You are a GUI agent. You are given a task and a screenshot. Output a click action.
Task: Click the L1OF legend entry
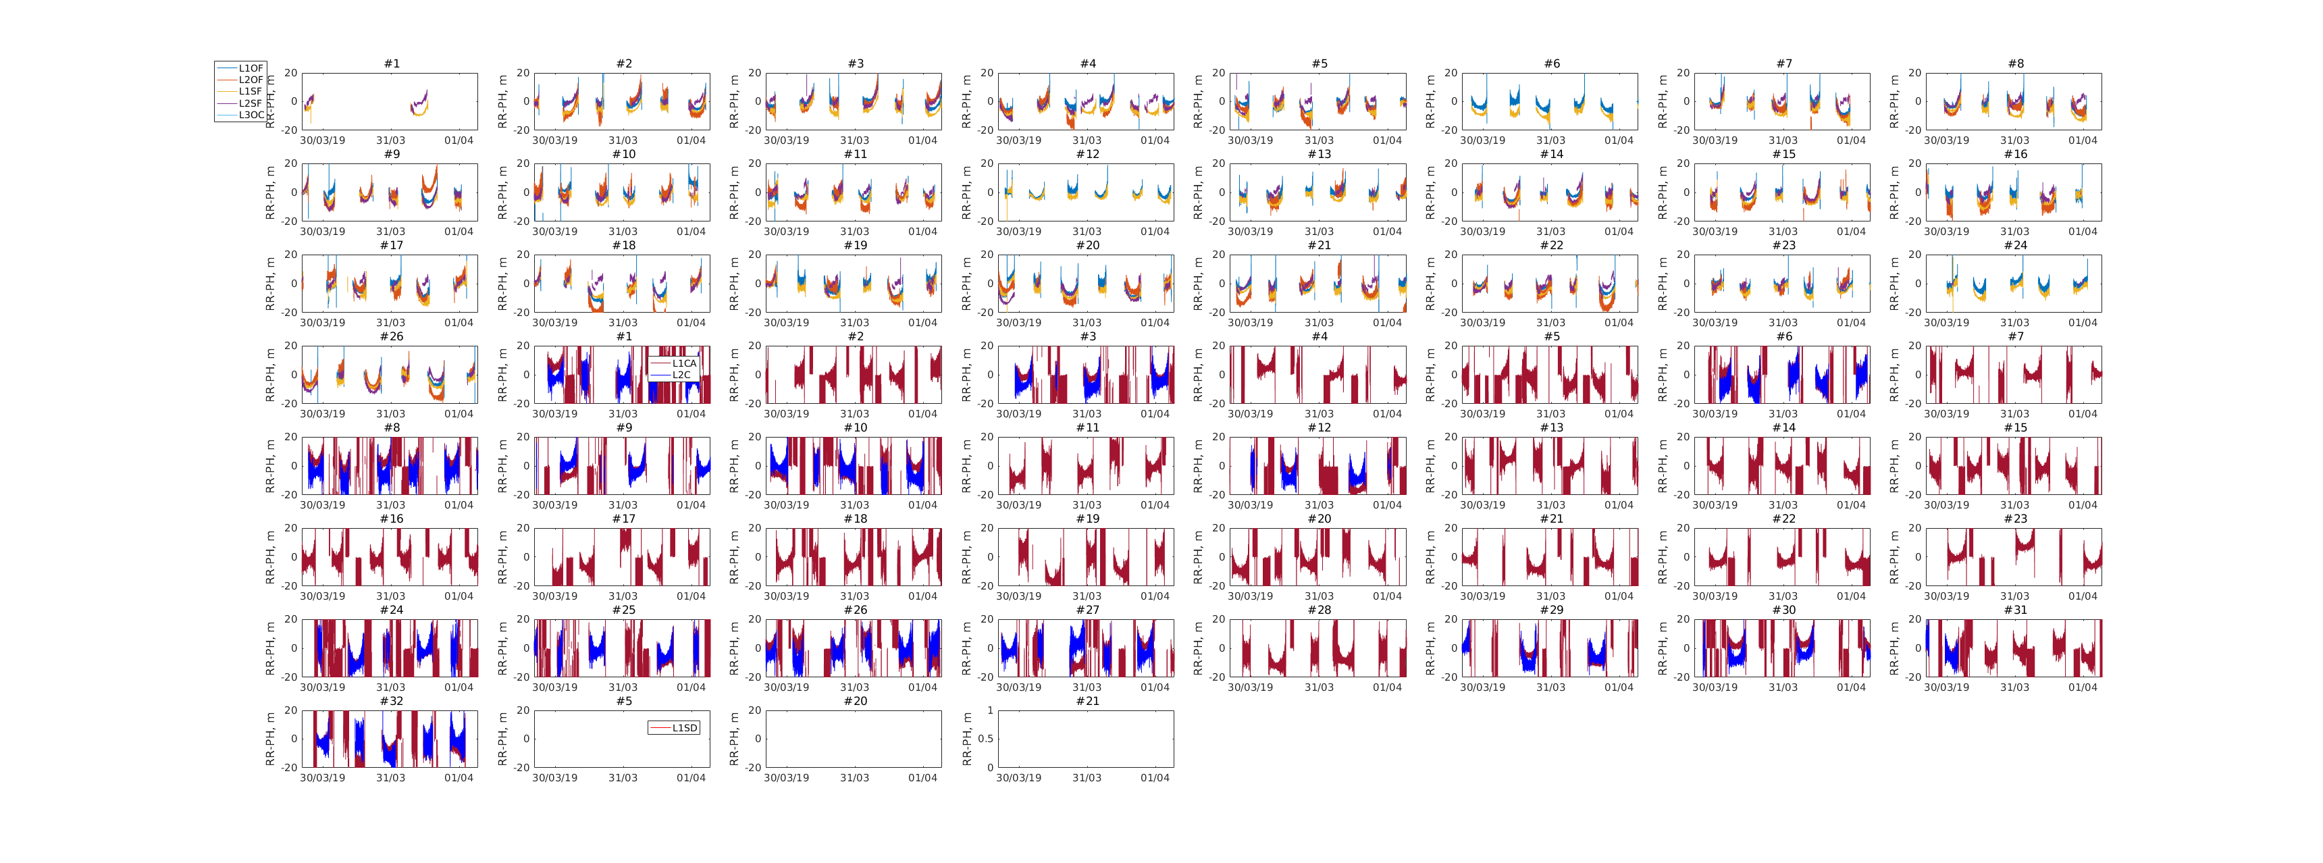(250, 68)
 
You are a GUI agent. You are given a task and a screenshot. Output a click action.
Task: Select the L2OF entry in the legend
(250, 80)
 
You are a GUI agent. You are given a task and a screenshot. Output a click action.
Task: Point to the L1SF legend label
(250, 92)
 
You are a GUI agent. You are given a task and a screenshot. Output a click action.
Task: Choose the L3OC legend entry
(250, 115)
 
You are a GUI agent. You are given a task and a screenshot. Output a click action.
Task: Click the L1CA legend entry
(683, 363)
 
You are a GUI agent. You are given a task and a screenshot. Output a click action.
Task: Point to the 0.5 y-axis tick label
(986, 739)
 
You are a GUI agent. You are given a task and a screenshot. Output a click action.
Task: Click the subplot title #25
(624, 610)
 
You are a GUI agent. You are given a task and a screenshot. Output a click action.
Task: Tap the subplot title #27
(1087, 610)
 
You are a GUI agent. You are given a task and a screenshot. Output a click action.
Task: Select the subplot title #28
(1320, 610)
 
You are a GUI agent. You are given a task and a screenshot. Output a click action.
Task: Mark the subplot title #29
(1551, 610)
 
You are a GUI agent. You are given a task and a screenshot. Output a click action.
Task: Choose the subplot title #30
(1783, 610)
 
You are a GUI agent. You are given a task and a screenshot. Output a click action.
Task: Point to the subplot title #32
(392, 702)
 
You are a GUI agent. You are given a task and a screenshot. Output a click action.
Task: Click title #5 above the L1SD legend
(624, 702)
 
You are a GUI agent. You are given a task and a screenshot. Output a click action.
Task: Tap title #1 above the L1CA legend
(624, 337)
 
